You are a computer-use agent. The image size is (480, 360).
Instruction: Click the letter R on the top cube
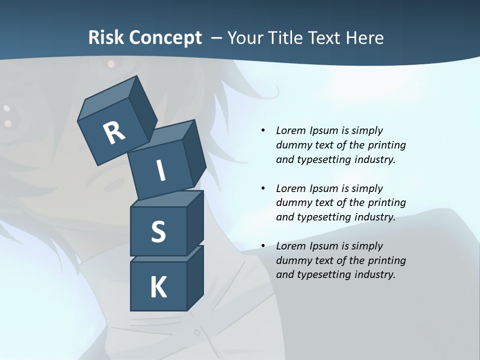point(114,133)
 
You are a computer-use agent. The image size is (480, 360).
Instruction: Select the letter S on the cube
point(158,232)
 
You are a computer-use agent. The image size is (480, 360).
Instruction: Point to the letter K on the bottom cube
point(158,287)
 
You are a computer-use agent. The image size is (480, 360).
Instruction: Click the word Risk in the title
point(106,37)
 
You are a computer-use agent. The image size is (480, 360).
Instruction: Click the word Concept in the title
point(165,37)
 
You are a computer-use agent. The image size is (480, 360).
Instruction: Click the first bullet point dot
point(263,130)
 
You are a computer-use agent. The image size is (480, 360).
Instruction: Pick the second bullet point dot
point(263,188)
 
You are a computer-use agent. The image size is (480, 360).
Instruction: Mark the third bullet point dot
point(263,246)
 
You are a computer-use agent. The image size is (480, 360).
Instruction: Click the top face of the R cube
point(107,98)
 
